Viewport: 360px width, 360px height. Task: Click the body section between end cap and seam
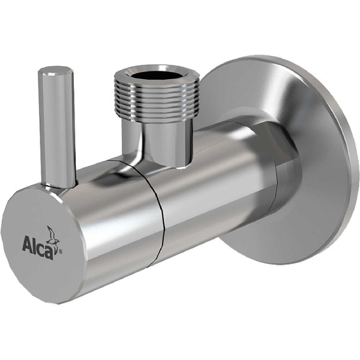[120, 204]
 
